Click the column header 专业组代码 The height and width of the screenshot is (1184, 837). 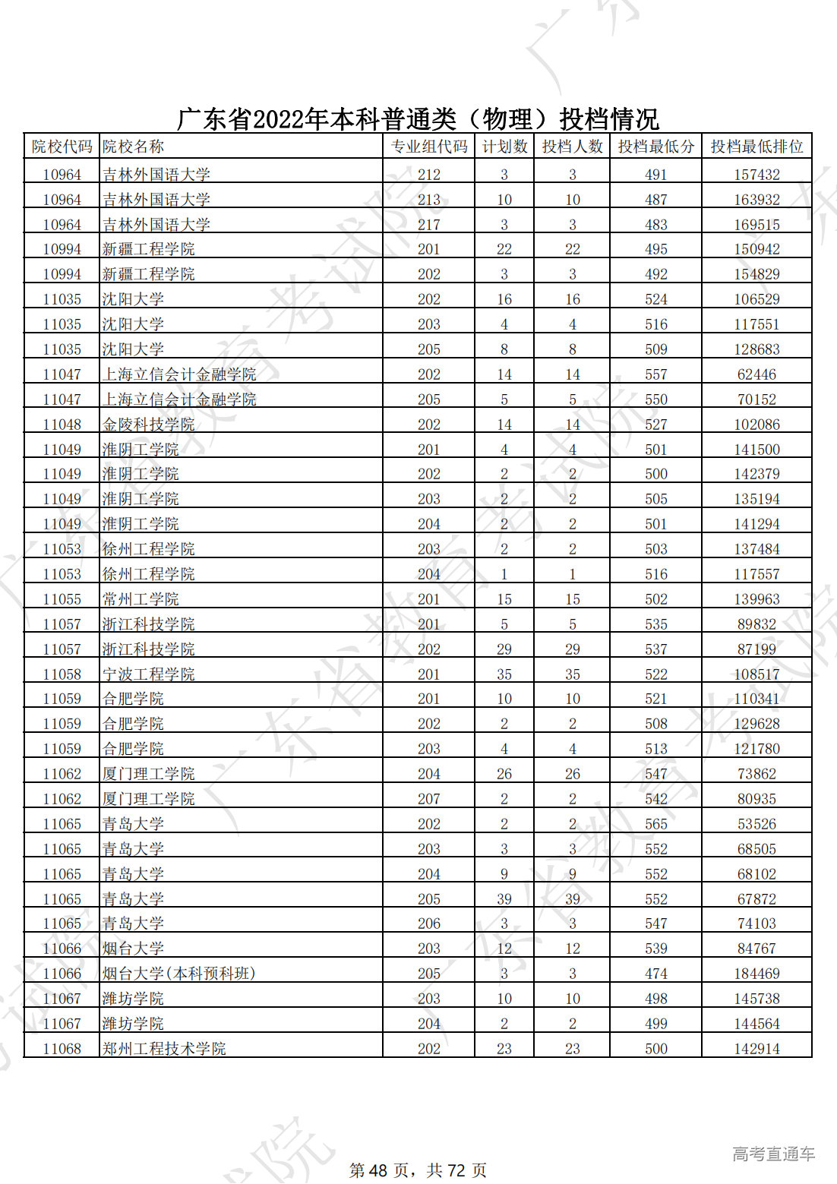[x=428, y=147]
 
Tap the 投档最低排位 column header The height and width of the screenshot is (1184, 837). [x=756, y=147]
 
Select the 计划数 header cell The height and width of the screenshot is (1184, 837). [x=504, y=147]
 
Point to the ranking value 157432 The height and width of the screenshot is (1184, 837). [x=756, y=175]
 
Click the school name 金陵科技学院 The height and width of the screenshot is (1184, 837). [x=149, y=425]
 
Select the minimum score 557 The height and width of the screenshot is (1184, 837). [x=655, y=374]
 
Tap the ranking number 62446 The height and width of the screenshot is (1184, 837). [x=756, y=374]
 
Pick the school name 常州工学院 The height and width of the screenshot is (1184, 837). [x=141, y=599]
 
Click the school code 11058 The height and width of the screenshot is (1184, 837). [x=62, y=674]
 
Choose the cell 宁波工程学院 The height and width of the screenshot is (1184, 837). [x=149, y=674]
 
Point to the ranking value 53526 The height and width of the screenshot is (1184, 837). [x=756, y=824]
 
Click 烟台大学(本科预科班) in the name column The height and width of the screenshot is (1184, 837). [x=179, y=974]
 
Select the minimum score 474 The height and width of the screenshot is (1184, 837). [x=655, y=974]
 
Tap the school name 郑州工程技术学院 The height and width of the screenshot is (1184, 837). [x=164, y=1049]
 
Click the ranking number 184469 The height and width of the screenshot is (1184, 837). [x=756, y=974]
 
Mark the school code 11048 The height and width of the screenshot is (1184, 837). [x=62, y=425]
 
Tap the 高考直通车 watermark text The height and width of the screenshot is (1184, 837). [x=773, y=1154]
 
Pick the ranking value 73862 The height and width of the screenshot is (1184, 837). [x=756, y=774]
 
